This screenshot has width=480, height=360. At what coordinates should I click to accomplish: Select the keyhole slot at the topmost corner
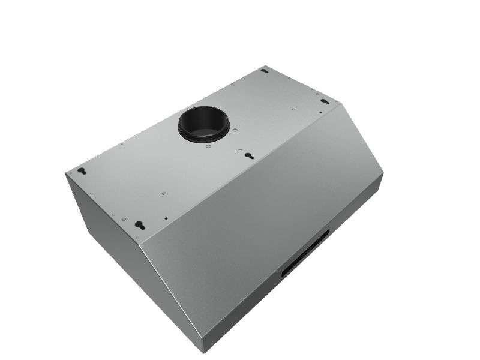pos(263,71)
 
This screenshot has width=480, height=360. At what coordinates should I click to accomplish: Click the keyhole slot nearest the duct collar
pos(248,155)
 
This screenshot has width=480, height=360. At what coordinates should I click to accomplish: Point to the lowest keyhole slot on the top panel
pos(140,226)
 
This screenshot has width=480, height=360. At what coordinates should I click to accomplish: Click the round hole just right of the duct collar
pos(235,130)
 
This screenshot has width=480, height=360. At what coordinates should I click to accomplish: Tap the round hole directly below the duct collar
pos(207,146)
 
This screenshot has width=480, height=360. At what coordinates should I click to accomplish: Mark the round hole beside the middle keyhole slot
pos(240,149)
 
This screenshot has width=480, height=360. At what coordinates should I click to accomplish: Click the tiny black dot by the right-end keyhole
pos(320,112)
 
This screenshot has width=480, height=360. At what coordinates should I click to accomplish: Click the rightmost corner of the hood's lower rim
pos(382,175)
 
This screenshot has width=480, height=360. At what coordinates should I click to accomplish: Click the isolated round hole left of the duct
pos(122,143)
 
